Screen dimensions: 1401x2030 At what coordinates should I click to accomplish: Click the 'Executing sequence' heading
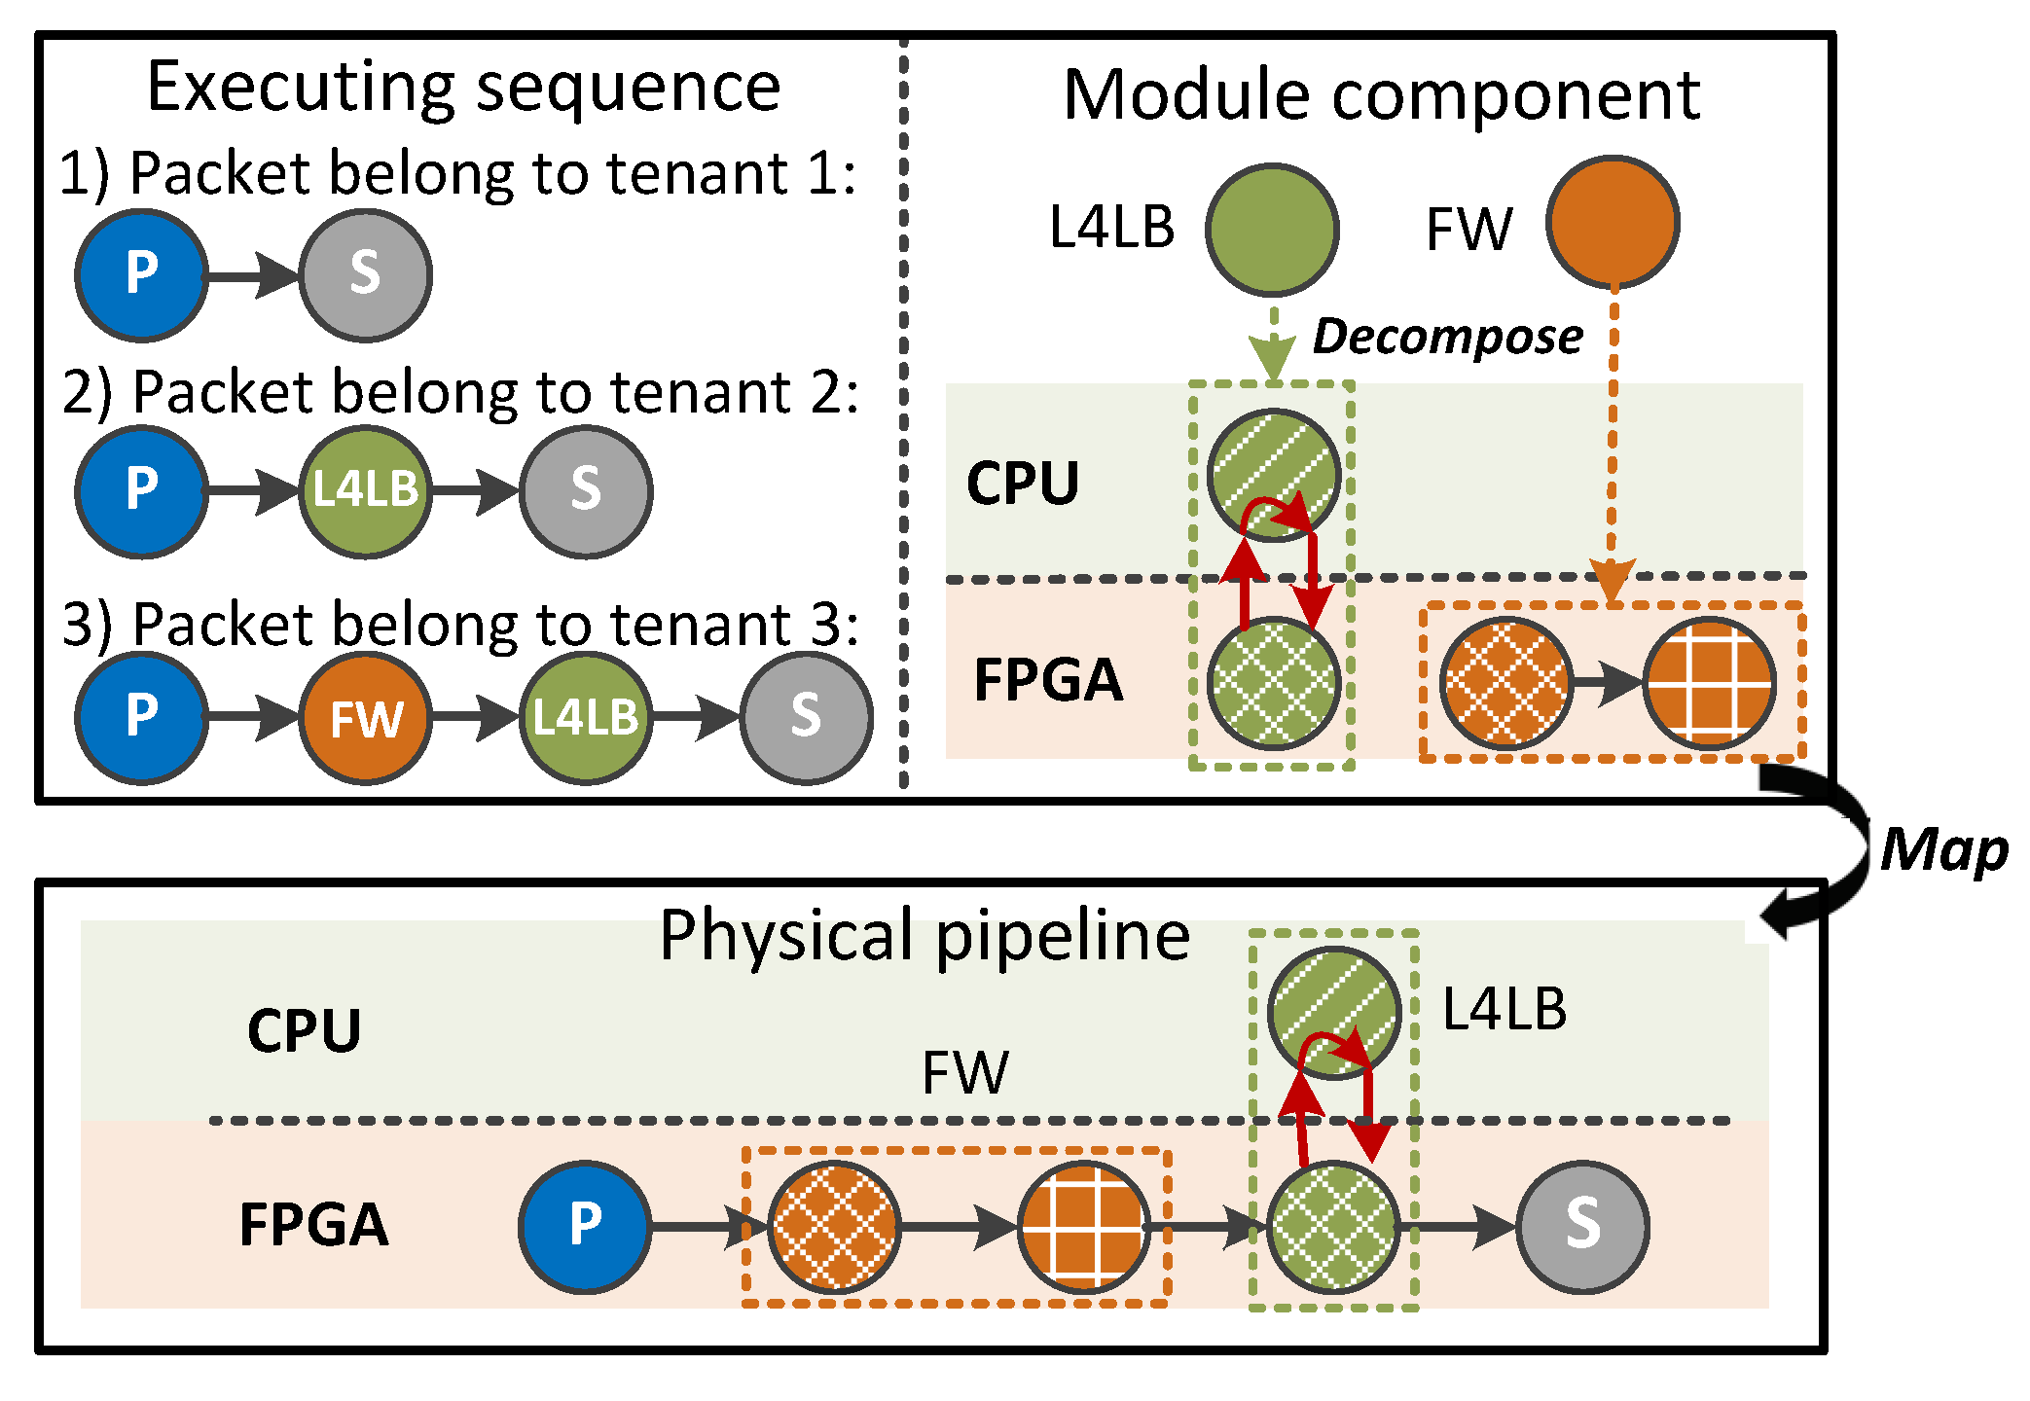(463, 88)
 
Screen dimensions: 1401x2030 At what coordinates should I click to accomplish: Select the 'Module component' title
(1381, 95)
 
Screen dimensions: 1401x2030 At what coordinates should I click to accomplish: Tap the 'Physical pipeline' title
(924, 936)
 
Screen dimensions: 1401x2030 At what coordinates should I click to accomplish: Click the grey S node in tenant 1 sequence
(366, 275)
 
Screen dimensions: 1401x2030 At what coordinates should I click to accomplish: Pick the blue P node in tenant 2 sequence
(142, 491)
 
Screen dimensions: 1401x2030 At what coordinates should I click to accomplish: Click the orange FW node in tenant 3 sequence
(366, 718)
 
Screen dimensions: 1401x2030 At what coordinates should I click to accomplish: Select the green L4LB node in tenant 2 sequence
(366, 491)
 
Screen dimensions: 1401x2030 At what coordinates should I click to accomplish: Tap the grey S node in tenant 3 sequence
(807, 718)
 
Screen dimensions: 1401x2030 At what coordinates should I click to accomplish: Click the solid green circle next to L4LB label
(1272, 230)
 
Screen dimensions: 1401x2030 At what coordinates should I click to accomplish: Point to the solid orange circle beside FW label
(1613, 223)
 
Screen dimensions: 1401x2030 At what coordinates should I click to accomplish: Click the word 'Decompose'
(1447, 338)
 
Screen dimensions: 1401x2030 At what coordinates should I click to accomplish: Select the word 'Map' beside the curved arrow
(1942, 850)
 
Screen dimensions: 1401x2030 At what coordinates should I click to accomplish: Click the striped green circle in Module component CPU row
(1274, 474)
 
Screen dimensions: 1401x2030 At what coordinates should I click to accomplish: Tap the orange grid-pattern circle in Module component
(1709, 684)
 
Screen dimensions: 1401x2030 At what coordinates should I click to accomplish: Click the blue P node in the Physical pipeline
(585, 1226)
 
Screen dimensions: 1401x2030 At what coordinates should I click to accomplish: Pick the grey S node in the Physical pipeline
(1582, 1226)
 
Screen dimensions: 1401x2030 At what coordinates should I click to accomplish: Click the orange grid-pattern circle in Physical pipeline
(1083, 1226)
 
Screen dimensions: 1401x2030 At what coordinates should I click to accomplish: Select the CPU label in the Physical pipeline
(304, 1030)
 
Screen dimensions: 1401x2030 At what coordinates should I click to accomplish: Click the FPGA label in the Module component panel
(1048, 679)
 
